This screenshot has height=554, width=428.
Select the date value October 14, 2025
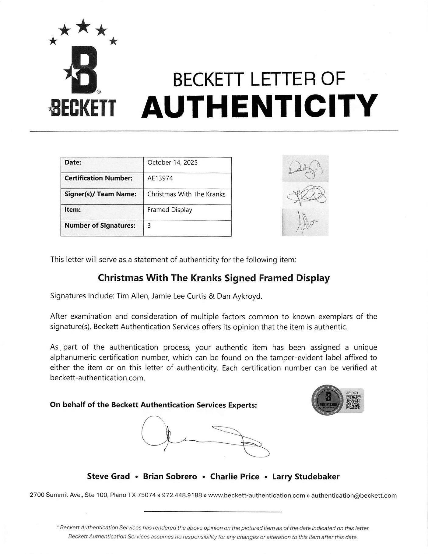point(172,162)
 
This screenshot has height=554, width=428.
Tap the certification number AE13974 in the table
point(160,178)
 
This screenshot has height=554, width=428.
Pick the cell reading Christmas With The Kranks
point(186,194)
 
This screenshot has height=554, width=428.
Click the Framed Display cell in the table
point(170,210)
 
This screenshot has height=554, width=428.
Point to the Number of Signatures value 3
point(149,226)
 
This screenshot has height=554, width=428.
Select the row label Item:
point(72,210)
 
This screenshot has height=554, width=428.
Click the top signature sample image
point(305,168)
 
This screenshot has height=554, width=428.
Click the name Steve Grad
point(108,476)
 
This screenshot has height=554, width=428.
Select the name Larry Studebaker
point(306,476)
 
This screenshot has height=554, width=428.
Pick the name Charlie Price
point(235,476)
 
